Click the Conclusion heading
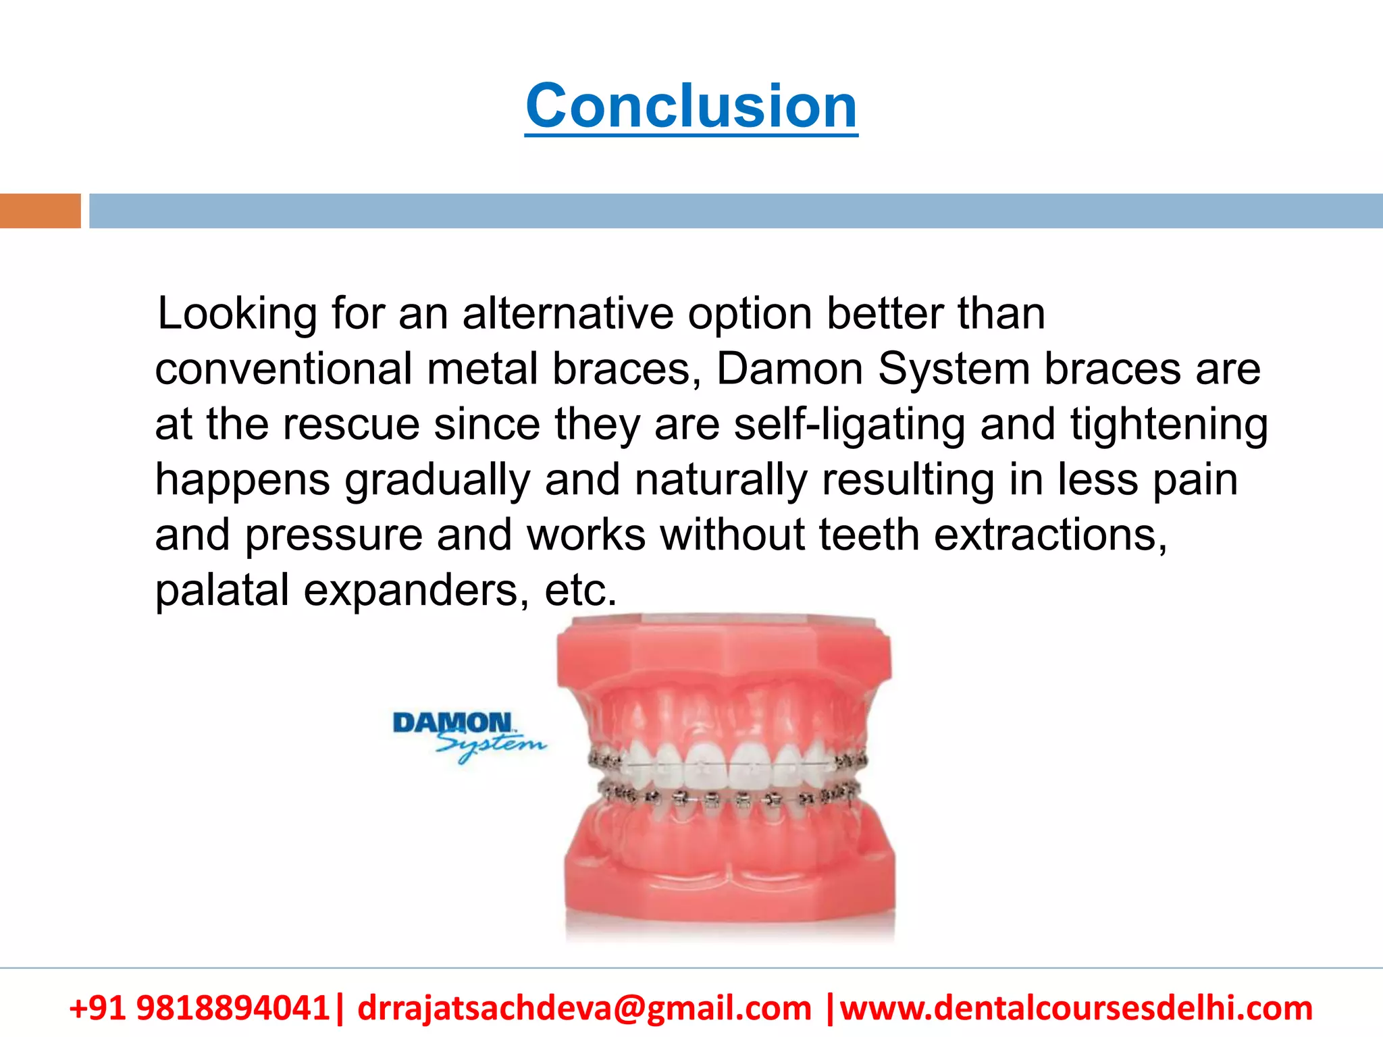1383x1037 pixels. click(x=691, y=106)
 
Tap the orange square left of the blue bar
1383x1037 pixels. click(x=40, y=211)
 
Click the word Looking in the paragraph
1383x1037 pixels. click(x=236, y=315)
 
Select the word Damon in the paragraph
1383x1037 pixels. click(x=789, y=369)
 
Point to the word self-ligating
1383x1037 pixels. click(x=850, y=425)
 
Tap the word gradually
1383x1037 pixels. click(x=437, y=480)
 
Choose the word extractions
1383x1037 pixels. click(x=1050, y=535)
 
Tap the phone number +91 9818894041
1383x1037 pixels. click(x=199, y=1008)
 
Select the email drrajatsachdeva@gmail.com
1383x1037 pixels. click(x=584, y=1008)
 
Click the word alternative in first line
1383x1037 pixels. click(x=567, y=315)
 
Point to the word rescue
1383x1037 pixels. click(x=351, y=425)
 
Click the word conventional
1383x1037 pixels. click(x=284, y=369)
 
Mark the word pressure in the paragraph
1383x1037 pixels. click(x=333, y=535)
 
